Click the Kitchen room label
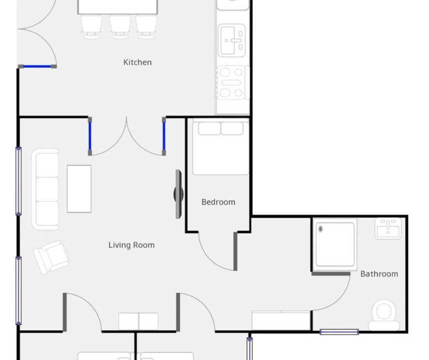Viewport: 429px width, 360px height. [x=137, y=62]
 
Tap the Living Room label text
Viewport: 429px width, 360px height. [x=131, y=245]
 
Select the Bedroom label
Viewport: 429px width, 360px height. [x=218, y=202]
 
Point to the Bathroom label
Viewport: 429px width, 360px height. [x=379, y=274]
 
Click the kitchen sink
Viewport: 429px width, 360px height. [x=231, y=40]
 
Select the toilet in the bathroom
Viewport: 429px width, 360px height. [x=384, y=315]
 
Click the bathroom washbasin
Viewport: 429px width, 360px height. [x=388, y=228]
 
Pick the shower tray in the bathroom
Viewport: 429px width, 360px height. [x=335, y=244]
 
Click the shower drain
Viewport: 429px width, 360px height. [x=320, y=228]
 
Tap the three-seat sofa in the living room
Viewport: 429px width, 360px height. [x=45, y=189]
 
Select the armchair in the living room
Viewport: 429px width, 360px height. [x=51, y=257]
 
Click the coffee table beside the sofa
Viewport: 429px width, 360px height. [x=79, y=189]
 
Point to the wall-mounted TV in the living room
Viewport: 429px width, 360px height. [x=178, y=194]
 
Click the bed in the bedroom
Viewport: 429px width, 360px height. [x=220, y=147]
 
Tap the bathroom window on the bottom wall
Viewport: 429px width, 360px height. [x=339, y=332]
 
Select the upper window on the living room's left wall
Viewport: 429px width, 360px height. [x=18, y=181]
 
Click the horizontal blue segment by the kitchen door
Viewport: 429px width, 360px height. [x=37, y=66]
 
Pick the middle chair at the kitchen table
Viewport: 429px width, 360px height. [x=120, y=26]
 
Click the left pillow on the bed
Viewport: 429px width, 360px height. [x=209, y=128]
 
